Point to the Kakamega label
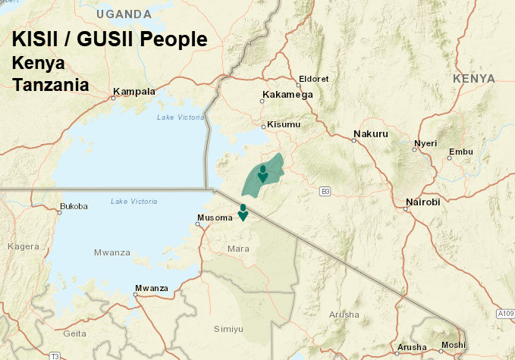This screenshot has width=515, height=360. click(287, 95)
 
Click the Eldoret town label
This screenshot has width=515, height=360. click(314, 78)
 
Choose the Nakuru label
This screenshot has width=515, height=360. click(370, 135)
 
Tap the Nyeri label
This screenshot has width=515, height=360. click(426, 143)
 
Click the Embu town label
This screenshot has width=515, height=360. click(460, 152)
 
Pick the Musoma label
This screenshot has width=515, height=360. click(215, 218)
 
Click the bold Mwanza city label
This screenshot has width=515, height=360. click(151, 288)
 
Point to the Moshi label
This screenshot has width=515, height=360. click(453, 345)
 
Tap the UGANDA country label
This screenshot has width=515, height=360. click(124, 14)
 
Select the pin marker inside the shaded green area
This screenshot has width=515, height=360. click(262, 174)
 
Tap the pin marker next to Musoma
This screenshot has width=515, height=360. click(243, 212)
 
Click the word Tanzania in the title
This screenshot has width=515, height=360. click(51, 84)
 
